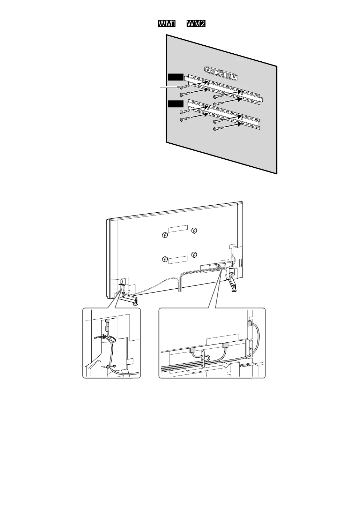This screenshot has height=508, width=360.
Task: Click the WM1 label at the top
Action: click(x=166, y=24)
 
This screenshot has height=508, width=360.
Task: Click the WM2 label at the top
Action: click(x=195, y=24)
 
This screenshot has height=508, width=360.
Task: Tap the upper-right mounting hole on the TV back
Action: click(x=194, y=230)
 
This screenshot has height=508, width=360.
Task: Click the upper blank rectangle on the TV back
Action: click(x=178, y=228)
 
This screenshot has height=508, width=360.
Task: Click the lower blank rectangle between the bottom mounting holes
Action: click(x=178, y=259)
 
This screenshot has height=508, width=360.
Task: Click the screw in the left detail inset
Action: click(x=99, y=337)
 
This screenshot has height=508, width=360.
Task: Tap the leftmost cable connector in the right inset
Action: click(x=192, y=350)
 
